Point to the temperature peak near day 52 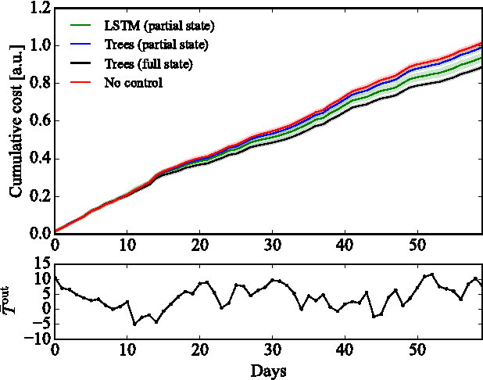point(431,274)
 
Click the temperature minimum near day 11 point(134,323)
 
